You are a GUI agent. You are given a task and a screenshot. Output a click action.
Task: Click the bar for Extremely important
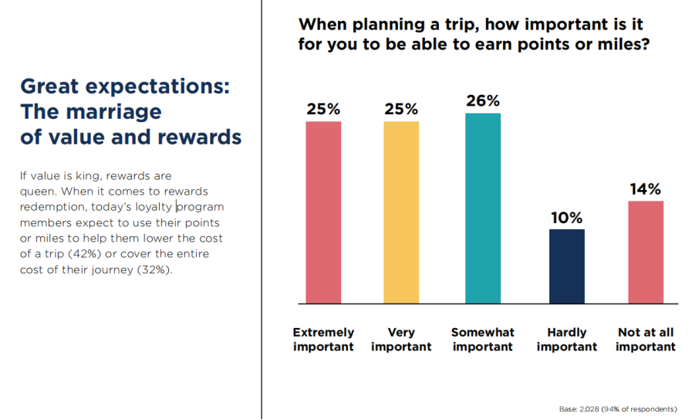(323, 212)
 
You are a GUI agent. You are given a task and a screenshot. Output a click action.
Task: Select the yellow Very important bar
(401, 212)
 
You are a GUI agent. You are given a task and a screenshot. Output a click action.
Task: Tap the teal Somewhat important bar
(483, 208)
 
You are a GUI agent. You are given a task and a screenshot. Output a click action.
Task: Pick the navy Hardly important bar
(567, 266)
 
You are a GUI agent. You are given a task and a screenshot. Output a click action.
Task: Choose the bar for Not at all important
(646, 252)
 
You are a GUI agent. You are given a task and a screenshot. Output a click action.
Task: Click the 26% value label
(483, 101)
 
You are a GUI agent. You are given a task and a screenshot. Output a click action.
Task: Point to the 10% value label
(567, 218)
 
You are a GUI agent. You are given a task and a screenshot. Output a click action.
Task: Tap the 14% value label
(645, 189)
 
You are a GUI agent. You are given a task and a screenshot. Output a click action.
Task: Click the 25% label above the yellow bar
(401, 109)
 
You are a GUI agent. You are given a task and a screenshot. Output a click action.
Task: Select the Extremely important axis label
(323, 339)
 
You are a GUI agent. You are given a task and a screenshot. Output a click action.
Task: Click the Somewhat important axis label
(483, 339)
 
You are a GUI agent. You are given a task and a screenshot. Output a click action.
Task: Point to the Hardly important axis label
(567, 339)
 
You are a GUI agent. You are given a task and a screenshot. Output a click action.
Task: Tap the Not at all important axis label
(646, 339)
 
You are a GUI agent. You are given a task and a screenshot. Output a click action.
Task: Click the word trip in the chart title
(461, 25)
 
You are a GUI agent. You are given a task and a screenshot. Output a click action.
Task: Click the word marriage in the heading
(113, 113)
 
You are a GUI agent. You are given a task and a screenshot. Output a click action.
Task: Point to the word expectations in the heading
(157, 86)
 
